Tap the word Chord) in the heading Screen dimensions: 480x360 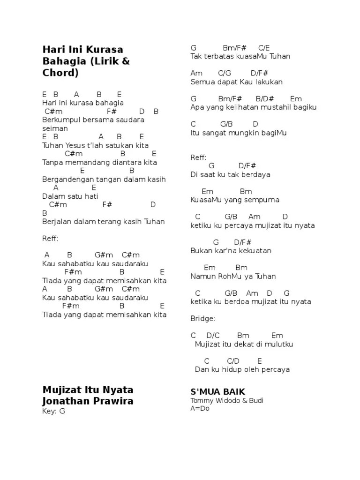pyautogui.click(x=60, y=73)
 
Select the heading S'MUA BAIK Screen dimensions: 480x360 pyautogui.click(x=217, y=391)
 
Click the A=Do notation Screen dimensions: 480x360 pyautogui.click(x=200, y=408)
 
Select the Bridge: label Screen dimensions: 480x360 pyautogui.click(x=203, y=318)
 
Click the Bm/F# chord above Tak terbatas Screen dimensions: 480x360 pyautogui.click(x=234, y=48)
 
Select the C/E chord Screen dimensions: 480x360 pyautogui.click(x=264, y=48)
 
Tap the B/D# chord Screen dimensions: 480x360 pyautogui.click(x=265, y=99)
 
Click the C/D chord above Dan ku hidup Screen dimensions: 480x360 pyautogui.click(x=233, y=361)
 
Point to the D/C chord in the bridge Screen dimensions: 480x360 pyautogui.click(x=213, y=335)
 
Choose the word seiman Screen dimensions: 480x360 pyautogui.click(x=55, y=128)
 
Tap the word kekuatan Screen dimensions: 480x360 pyautogui.click(x=257, y=250)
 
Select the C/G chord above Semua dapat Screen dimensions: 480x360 pyautogui.click(x=225, y=73)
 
